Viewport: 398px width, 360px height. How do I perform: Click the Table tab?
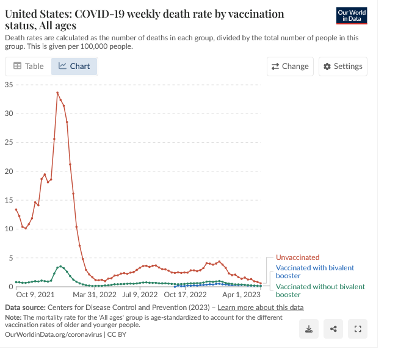pyautogui.click(x=28, y=67)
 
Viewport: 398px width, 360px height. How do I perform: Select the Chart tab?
pyautogui.click(x=74, y=67)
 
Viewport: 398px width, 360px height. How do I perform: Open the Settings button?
pyautogui.click(x=342, y=67)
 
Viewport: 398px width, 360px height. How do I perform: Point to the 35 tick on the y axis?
pyautogui.click(x=9, y=84)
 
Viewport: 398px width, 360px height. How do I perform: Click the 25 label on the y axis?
pyautogui.click(x=9, y=142)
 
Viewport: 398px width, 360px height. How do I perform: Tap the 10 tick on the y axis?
pyautogui.click(x=9, y=229)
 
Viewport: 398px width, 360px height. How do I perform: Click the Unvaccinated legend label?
pyautogui.click(x=297, y=257)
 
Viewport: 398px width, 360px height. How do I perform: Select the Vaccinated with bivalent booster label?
pyautogui.click(x=314, y=272)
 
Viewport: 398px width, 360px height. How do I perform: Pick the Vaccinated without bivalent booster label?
pyautogui.click(x=320, y=290)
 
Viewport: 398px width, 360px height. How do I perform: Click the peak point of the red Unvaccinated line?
pyautogui.click(x=57, y=93)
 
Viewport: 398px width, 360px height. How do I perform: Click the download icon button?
pyautogui.click(x=309, y=329)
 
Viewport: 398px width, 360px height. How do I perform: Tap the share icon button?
pyautogui.click(x=333, y=329)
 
